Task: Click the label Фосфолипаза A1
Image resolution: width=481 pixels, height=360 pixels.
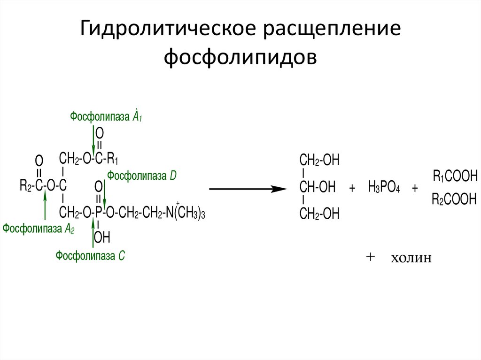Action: (x=106, y=116)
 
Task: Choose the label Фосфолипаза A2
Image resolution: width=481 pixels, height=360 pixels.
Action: (x=39, y=229)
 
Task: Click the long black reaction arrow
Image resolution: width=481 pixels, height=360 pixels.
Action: (x=247, y=189)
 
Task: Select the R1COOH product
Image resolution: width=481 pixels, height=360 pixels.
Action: (x=455, y=177)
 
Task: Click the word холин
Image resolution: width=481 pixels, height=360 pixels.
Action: (x=410, y=259)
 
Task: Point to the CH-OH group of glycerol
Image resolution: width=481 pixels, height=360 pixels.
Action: (x=318, y=188)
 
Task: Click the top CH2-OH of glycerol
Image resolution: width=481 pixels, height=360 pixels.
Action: (x=319, y=161)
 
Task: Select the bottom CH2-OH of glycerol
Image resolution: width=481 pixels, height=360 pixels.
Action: (x=319, y=214)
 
